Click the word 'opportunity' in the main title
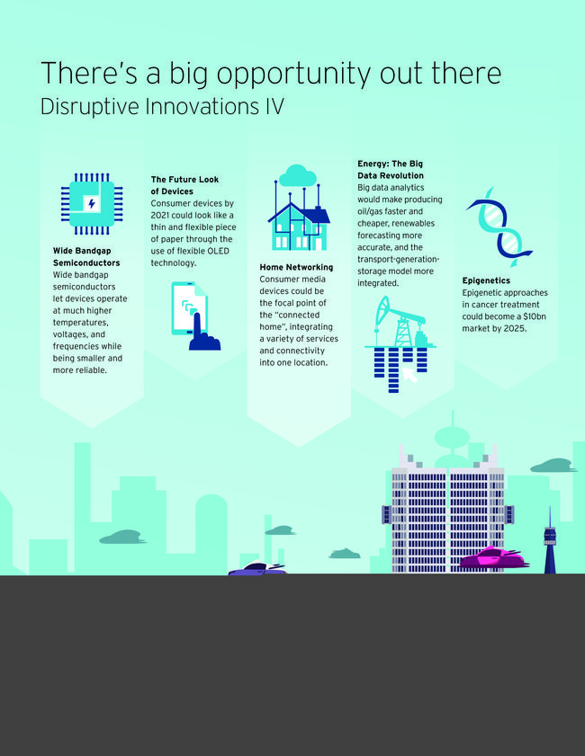[x=294, y=75]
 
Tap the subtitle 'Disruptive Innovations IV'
[x=162, y=107]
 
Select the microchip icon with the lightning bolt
[x=92, y=204]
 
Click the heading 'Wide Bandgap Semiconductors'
[x=86, y=257]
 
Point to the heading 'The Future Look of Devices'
[x=184, y=185]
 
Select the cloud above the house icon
[x=297, y=175]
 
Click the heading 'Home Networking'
[x=296, y=267]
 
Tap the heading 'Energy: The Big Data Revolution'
[x=391, y=170]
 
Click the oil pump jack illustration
[x=400, y=322]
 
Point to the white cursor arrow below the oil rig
[x=409, y=375]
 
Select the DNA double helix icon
[x=499, y=227]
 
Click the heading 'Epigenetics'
[x=486, y=280]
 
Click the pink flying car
[x=493, y=557]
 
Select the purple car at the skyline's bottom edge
[x=257, y=569]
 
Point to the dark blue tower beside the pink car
[x=550, y=541]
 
